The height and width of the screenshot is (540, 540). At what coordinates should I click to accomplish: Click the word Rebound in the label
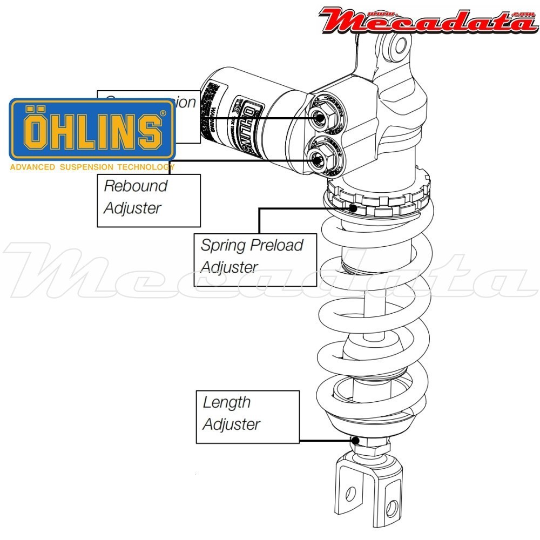click(x=136, y=186)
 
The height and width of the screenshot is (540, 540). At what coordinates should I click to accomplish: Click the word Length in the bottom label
click(x=227, y=402)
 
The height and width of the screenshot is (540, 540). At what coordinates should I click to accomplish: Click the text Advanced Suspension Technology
click(x=92, y=167)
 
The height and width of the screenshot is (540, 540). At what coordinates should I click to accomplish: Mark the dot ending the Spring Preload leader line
click(x=353, y=208)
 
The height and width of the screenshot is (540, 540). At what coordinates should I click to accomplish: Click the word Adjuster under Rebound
click(x=132, y=208)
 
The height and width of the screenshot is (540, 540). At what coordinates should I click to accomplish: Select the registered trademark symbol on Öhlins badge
click(x=163, y=114)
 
